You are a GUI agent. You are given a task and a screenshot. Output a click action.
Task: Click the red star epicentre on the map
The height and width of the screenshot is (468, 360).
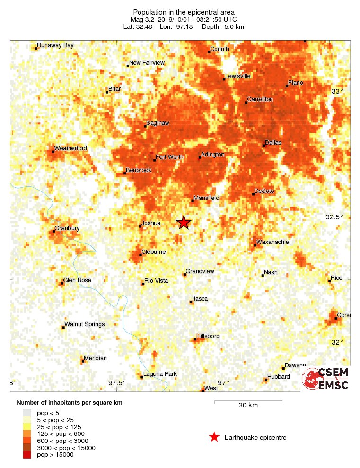(184, 222)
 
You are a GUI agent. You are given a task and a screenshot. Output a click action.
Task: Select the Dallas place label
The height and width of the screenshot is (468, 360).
(273, 142)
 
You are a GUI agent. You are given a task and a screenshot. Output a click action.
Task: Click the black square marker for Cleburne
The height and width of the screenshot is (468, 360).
(140, 255)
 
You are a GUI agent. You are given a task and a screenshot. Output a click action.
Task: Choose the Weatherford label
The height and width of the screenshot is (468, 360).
(70, 148)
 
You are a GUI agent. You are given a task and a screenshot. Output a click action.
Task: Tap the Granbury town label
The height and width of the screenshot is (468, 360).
(67, 228)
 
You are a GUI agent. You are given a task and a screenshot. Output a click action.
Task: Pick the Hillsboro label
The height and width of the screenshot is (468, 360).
(208, 336)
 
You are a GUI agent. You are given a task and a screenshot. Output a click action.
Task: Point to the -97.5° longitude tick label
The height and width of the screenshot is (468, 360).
(116, 383)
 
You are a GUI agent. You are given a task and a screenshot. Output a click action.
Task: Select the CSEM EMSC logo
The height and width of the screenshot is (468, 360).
(325, 379)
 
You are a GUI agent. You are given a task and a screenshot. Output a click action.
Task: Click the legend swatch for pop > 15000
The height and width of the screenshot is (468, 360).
(27, 455)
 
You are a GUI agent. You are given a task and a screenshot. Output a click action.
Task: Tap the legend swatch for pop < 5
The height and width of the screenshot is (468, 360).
(27, 413)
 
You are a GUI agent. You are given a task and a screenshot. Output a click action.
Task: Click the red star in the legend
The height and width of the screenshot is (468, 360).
(214, 437)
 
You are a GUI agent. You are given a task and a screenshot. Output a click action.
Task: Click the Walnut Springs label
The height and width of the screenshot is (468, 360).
(85, 324)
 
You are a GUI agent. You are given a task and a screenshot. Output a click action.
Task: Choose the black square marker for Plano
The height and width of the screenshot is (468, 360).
(287, 86)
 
